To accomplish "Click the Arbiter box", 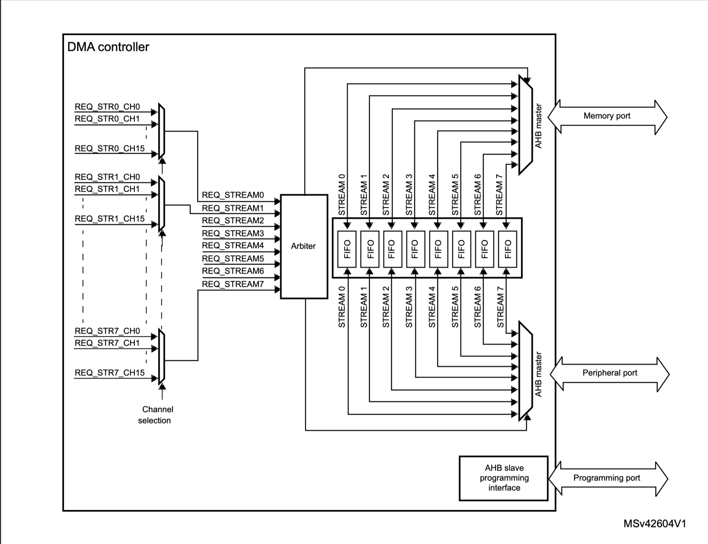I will [304, 246].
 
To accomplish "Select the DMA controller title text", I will [108, 47].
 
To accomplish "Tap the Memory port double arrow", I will [607, 116].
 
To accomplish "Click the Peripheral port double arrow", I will [609, 373].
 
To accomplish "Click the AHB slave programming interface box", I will [504, 478].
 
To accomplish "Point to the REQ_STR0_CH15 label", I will [110, 149].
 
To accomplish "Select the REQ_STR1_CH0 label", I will [107, 177].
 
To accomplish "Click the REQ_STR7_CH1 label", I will [107, 343].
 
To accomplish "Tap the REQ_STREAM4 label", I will [233, 245].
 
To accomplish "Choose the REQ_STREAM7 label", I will [233, 284].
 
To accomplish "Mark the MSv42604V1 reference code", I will [654, 524].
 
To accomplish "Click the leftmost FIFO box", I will [347, 249].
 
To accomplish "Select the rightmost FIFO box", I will [507, 249].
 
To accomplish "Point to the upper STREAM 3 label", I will [409, 195].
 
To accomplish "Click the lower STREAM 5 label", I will [455, 307].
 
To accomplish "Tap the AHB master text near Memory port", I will [538, 126].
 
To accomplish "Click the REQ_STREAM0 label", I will [233, 195].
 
